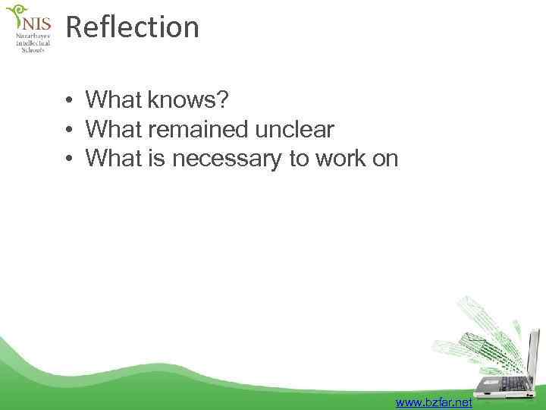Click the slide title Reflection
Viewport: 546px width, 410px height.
click(x=133, y=27)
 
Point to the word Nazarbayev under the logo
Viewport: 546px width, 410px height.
click(x=33, y=36)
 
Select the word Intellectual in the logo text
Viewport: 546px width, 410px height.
click(x=33, y=43)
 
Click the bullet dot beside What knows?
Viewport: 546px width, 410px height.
click(x=68, y=100)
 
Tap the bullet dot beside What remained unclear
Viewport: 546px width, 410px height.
click(x=68, y=131)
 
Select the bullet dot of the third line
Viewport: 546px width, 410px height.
click(x=68, y=159)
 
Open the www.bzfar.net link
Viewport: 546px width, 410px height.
click(x=433, y=402)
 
